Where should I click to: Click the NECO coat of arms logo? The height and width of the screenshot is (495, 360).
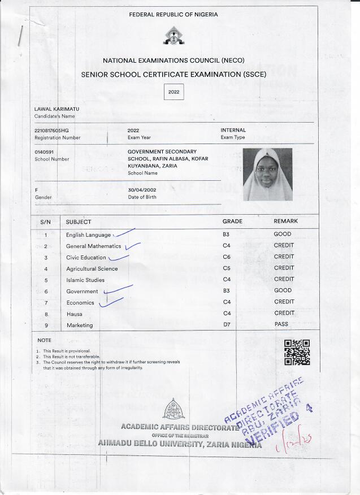click(174, 38)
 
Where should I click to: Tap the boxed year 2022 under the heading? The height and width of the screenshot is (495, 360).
click(174, 91)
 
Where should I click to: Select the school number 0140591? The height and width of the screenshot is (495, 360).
click(44, 152)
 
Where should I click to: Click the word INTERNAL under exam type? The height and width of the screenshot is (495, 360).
click(233, 131)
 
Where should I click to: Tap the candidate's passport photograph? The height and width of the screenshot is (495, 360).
click(267, 175)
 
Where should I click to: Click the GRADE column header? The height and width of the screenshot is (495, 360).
click(232, 222)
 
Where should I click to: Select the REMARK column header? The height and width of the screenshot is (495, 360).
click(285, 222)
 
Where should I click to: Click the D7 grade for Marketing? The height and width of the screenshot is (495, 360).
click(227, 325)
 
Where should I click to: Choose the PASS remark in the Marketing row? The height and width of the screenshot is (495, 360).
click(281, 325)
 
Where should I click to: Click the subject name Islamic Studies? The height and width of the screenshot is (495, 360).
click(85, 280)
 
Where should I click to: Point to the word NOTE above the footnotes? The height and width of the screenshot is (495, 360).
click(44, 341)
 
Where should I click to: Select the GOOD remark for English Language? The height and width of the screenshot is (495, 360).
click(283, 234)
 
